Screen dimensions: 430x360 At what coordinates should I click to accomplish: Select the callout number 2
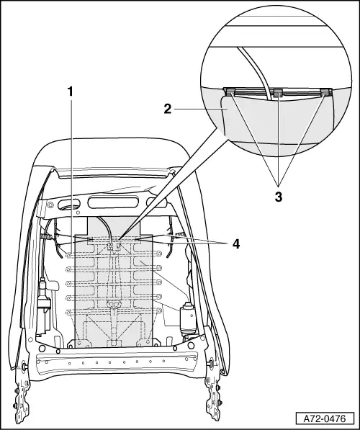(x=166, y=109)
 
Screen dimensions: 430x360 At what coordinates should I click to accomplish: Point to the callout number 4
(x=235, y=243)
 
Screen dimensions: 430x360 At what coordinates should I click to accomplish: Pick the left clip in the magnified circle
(x=230, y=92)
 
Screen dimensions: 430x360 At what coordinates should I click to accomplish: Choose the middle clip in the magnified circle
(x=277, y=92)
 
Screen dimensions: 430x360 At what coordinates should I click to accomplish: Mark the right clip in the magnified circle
(x=326, y=91)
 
